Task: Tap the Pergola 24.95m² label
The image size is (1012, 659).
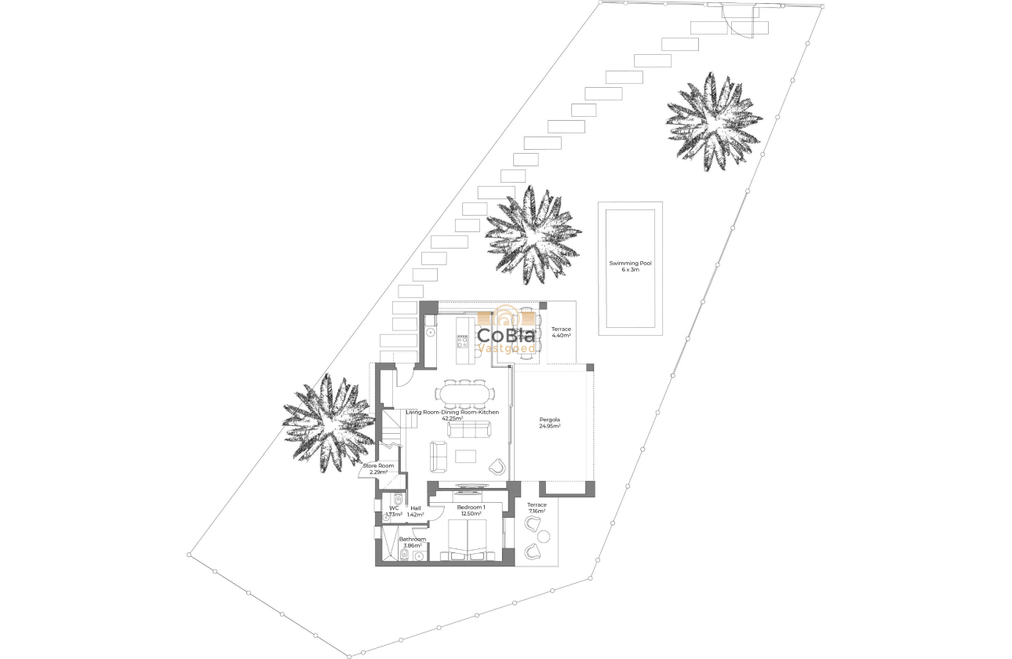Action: (x=549, y=424)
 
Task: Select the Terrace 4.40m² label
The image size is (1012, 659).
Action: (x=561, y=332)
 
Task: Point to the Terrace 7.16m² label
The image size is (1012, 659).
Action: (x=537, y=508)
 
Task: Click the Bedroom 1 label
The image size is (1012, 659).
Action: (x=473, y=511)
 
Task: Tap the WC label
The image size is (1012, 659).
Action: (x=394, y=511)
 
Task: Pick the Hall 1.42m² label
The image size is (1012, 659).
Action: (x=415, y=511)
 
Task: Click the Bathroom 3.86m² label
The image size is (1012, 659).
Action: (x=412, y=542)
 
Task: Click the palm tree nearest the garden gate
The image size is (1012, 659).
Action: (x=713, y=122)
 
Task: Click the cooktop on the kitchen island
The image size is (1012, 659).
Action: (x=462, y=341)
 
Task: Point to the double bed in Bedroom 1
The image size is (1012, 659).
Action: (x=468, y=540)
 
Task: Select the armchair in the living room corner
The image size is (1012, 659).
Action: (x=497, y=467)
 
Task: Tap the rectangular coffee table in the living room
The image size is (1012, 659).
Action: (x=467, y=455)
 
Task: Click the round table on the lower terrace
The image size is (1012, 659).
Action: (x=544, y=537)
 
